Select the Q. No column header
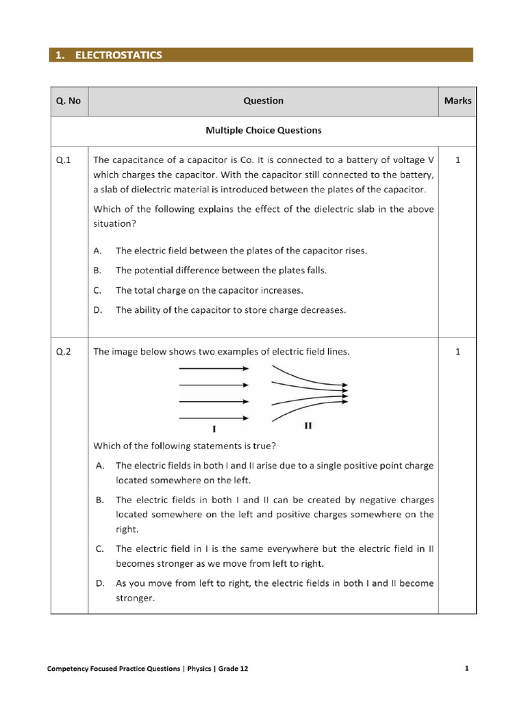tap(68, 101)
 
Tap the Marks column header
tap(458, 101)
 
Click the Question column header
tap(263, 101)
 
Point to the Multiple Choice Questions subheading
tap(263, 130)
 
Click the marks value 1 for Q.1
tap(458, 160)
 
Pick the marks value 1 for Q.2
tap(458, 352)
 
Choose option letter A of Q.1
tap(99, 251)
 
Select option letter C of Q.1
tap(99, 290)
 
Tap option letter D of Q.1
tap(99, 310)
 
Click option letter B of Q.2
tap(99, 500)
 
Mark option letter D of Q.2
tap(99, 583)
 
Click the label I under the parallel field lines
tap(214, 429)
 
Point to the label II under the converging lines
tap(308, 426)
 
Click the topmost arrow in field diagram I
tap(214, 368)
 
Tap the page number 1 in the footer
tap(466, 669)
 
